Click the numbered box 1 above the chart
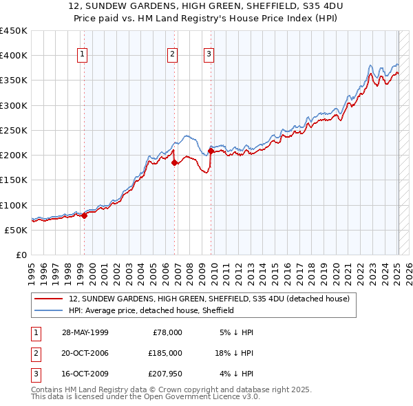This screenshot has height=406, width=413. coord(83,55)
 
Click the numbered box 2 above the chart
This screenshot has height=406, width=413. coord(172,55)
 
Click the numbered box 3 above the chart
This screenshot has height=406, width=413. coord(209,55)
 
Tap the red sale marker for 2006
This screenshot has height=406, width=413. coord(175,162)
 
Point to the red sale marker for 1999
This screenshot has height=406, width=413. coord(85,215)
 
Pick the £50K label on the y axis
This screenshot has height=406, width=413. coord(17,230)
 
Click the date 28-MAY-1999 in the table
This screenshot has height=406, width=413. coord(85,332)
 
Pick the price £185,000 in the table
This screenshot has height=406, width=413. coord(165,353)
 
